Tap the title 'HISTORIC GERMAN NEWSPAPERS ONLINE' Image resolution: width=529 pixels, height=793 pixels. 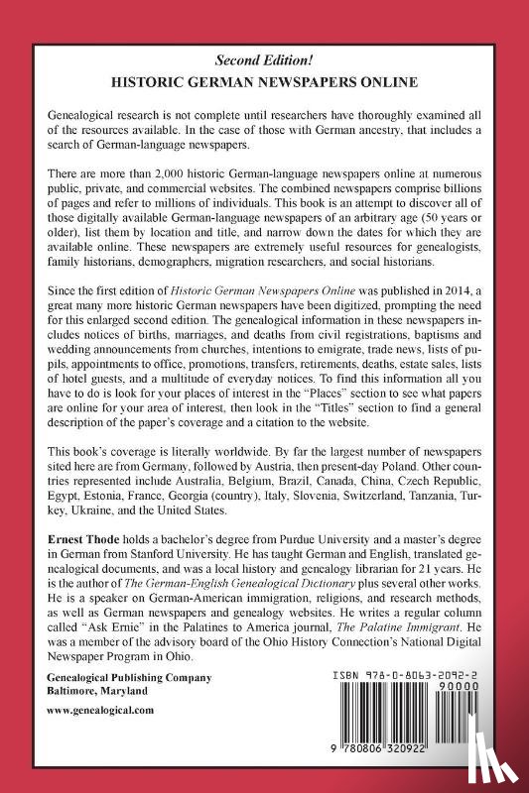(265, 83)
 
